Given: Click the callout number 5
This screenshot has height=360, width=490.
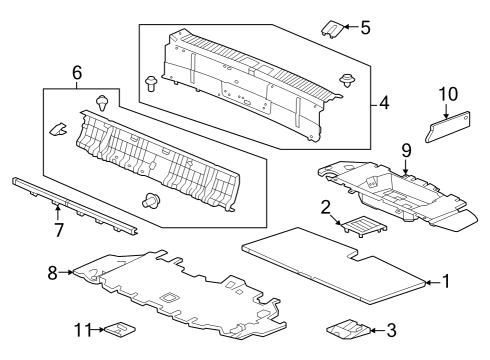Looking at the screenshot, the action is (x=365, y=27).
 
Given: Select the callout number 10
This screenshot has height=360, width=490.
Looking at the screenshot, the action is (x=448, y=94).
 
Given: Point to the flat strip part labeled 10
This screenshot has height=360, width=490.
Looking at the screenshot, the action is (x=448, y=127).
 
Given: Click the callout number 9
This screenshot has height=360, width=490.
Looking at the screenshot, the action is (x=406, y=151).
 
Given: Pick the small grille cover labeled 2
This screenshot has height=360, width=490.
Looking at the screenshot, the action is (x=365, y=226).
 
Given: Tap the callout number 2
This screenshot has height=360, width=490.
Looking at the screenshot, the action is (x=325, y=207).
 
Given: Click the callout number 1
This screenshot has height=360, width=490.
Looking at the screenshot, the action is (x=446, y=281).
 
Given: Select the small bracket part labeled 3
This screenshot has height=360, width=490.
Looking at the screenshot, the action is (x=348, y=330).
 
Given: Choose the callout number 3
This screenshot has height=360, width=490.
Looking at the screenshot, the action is (x=391, y=330).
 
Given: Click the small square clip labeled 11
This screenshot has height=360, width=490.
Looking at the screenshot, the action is (x=120, y=329).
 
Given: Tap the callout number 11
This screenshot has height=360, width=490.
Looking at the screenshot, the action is (x=83, y=330).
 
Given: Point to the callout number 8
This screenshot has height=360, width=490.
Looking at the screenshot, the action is (x=52, y=273).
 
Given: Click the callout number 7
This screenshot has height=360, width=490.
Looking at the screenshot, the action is (x=59, y=230).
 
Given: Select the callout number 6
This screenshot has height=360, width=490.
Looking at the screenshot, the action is (x=77, y=73).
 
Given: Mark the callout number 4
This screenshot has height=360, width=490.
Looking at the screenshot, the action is (x=384, y=103).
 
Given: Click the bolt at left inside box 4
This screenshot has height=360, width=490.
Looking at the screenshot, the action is (x=151, y=83).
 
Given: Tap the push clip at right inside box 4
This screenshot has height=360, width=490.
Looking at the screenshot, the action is (x=348, y=81).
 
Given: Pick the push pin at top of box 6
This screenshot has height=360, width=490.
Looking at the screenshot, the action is (x=103, y=103).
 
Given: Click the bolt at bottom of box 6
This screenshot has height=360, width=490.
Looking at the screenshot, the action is (x=151, y=200).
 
